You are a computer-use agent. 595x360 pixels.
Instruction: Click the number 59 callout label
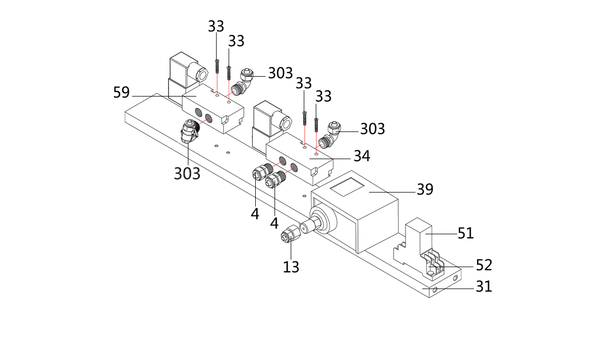point(121,93)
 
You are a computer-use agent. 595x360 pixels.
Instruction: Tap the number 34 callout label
point(362,156)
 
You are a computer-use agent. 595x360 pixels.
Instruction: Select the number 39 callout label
point(425,189)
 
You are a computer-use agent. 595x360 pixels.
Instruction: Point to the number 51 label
point(466,233)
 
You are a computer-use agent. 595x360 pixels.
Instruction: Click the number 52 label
point(484,265)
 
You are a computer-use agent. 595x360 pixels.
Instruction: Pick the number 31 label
point(484,286)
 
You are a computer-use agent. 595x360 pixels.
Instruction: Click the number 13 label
point(291,267)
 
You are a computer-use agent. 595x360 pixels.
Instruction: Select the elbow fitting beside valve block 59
point(242,82)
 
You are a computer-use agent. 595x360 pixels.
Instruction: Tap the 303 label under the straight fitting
point(187,173)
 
